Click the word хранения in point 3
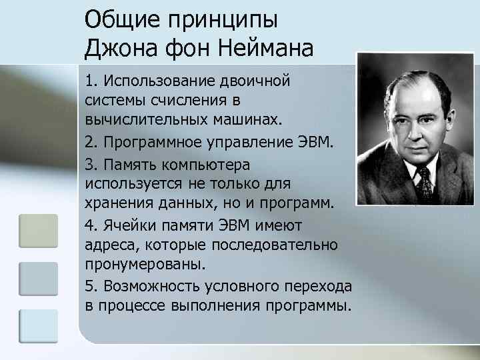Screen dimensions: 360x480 coord(116,203)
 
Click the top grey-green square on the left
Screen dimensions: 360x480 coord(38,231)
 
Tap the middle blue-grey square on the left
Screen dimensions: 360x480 coord(38,278)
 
